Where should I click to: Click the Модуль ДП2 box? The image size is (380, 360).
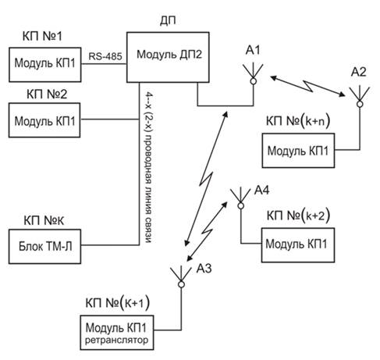[x=168, y=57]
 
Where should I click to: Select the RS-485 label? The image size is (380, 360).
[x=105, y=56]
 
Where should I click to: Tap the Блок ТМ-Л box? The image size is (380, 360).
[x=44, y=247]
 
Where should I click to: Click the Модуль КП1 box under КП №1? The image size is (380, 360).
[x=45, y=65]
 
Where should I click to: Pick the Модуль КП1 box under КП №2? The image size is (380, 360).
[x=44, y=120]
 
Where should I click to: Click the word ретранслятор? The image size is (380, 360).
[x=116, y=340]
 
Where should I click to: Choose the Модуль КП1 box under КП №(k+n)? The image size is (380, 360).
[x=298, y=151]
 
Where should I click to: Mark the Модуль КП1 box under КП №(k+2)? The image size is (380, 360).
[x=298, y=245]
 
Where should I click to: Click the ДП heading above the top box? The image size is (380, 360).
[x=168, y=20]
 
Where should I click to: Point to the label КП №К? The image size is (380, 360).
[x=44, y=220]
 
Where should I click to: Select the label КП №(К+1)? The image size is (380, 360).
[x=118, y=303]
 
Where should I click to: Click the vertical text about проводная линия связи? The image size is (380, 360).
[x=148, y=167]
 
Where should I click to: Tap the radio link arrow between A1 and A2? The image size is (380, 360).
[x=308, y=86]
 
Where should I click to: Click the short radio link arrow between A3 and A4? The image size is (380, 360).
[x=208, y=231]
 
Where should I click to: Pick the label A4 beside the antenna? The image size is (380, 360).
[x=261, y=191]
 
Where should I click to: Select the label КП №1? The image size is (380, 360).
[x=42, y=36]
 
